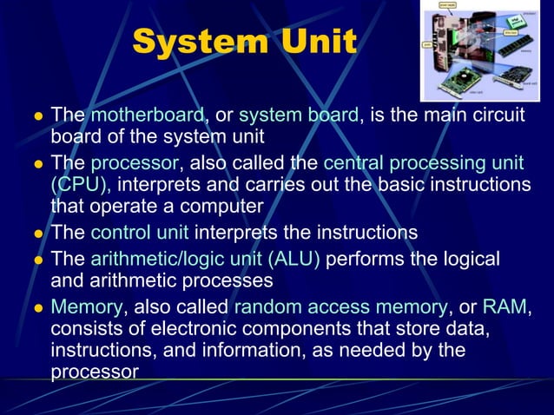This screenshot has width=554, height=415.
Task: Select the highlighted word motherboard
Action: (x=147, y=115)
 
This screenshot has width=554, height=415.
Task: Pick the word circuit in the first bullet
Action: (x=496, y=115)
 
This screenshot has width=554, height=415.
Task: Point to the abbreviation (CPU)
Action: (x=80, y=185)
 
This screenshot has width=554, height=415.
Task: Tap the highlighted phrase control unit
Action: (x=140, y=233)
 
